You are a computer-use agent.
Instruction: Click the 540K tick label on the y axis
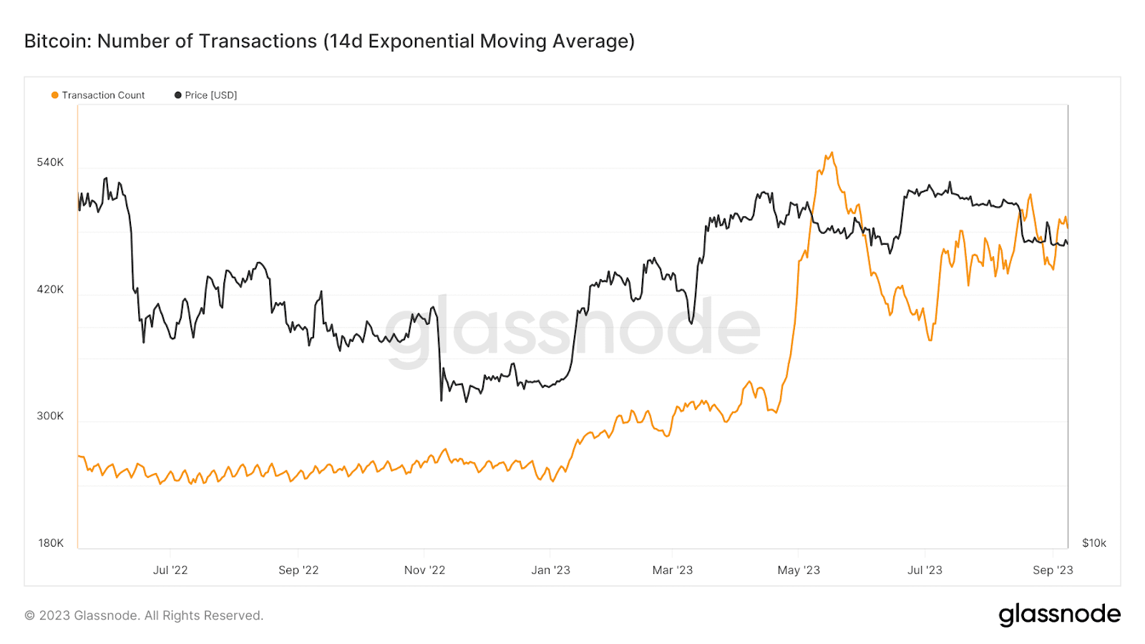pyautogui.click(x=50, y=162)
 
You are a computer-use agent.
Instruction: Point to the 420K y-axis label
pyautogui.click(x=50, y=289)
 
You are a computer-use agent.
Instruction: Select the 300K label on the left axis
pyautogui.click(x=50, y=416)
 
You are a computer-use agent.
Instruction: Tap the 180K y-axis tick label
pyautogui.click(x=50, y=543)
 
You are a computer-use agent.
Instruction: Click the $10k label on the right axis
pyautogui.click(x=1093, y=543)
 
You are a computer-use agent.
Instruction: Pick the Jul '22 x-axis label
pyautogui.click(x=170, y=570)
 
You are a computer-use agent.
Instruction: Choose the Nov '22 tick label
pyautogui.click(x=424, y=570)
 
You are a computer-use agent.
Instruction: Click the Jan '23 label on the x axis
pyautogui.click(x=550, y=570)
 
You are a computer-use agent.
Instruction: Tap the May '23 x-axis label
pyautogui.click(x=799, y=570)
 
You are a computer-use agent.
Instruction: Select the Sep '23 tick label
pyautogui.click(x=1053, y=570)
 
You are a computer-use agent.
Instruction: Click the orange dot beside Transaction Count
pyautogui.click(x=54, y=95)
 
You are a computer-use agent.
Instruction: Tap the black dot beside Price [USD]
pyautogui.click(x=178, y=95)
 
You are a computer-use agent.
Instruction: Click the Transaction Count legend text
pyautogui.click(x=103, y=95)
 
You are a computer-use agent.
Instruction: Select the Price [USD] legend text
pyautogui.click(x=210, y=95)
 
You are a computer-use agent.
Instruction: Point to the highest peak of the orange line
pyautogui.click(x=831, y=152)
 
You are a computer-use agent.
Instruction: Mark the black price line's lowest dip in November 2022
pyautogui.click(x=441, y=400)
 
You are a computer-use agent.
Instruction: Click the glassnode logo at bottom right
pyautogui.click(x=1059, y=615)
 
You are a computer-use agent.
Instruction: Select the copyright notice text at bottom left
pyautogui.click(x=144, y=615)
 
